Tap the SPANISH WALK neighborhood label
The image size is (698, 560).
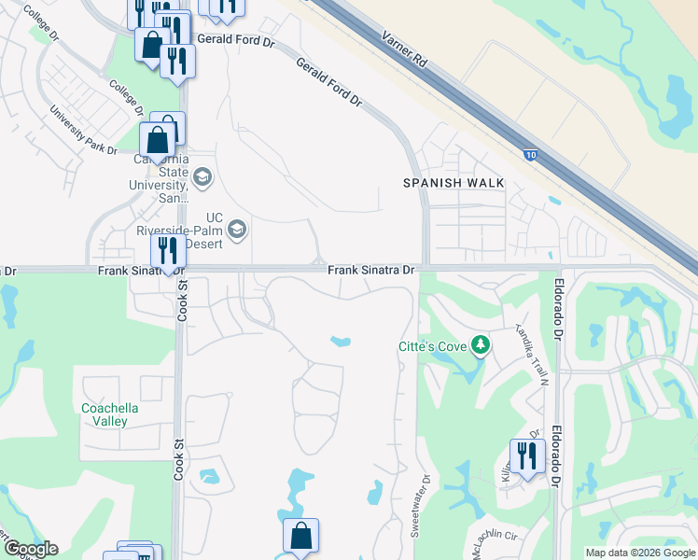coord(446,183)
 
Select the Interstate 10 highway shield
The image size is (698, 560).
coord(529,155)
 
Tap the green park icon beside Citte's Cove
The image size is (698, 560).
coord(481,346)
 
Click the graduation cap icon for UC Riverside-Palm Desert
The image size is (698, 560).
coord(237,230)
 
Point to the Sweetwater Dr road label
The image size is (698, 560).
coord(421,505)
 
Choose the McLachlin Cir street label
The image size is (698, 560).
coord(494,536)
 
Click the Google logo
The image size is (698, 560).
coord(30,549)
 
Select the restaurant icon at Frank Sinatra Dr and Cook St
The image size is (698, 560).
coord(167,250)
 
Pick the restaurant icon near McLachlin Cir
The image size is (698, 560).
coord(526,455)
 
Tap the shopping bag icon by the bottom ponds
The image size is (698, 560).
coord(300,536)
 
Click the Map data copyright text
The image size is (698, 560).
coord(640,553)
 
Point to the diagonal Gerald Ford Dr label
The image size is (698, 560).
coord(328,80)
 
